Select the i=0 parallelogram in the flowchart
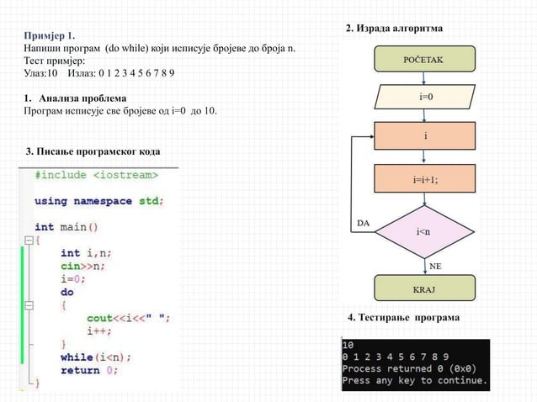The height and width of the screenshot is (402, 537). click(x=426, y=98)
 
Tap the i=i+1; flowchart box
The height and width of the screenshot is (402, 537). click(x=425, y=179)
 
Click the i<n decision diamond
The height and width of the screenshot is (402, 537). click(x=425, y=230)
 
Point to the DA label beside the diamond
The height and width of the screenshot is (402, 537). click(x=364, y=223)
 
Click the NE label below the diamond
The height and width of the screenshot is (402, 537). click(x=436, y=264)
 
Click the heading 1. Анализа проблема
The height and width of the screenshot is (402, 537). click(x=76, y=98)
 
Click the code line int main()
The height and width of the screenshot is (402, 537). click(x=66, y=226)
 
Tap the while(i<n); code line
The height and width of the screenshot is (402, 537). click(x=95, y=357)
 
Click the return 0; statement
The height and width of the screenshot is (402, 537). click(x=89, y=369)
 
